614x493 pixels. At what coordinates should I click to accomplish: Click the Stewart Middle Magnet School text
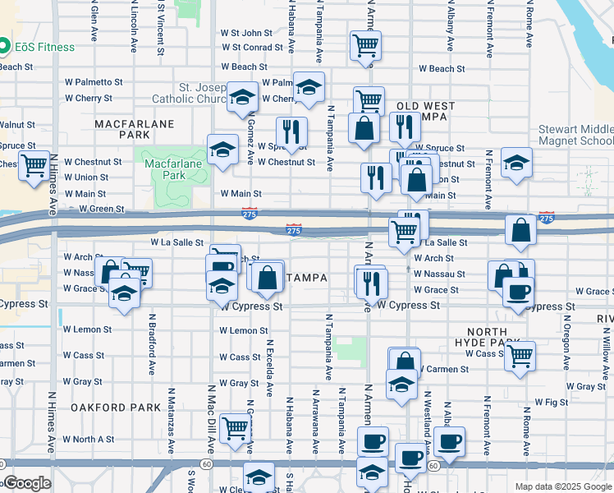575,135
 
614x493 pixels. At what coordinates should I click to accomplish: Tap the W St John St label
246,33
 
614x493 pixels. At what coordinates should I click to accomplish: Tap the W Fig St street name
551,402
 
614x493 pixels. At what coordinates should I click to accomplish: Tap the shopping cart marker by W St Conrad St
365,46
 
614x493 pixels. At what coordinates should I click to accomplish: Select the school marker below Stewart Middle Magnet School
517,162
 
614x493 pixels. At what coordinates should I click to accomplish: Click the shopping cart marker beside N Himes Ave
33,167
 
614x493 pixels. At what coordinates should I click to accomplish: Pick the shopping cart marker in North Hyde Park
520,357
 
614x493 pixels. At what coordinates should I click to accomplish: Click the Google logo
26,484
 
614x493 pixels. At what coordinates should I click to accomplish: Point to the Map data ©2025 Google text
562,486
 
